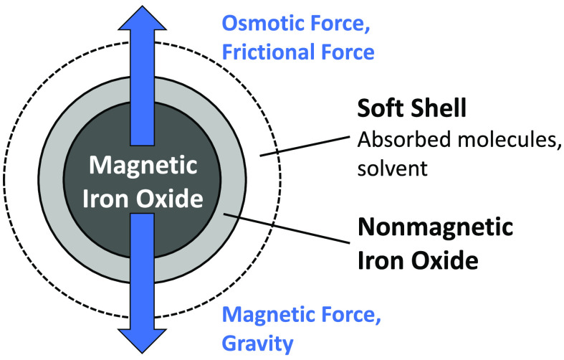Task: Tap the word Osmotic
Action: [255, 24]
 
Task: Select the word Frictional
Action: [267, 52]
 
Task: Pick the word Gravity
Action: [257, 344]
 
